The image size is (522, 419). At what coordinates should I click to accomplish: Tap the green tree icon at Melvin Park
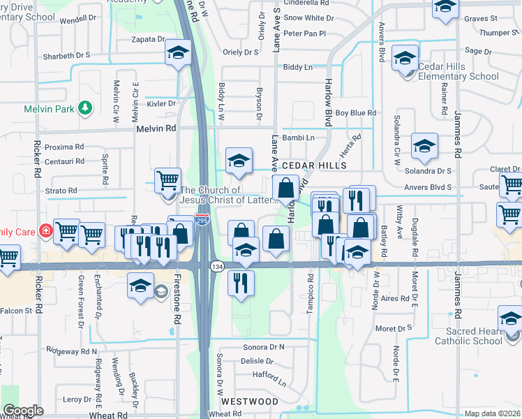pyautogui.click(x=85, y=108)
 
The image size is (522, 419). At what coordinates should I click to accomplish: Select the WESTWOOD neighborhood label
pyautogui.click(x=249, y=402)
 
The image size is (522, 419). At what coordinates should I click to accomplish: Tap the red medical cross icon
pyautogui.click(x=45, y=229)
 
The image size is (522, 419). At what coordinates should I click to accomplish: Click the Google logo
pyautogui.click(x=23, y=410)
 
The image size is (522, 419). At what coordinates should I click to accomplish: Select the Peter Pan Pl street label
pyautogui.click(x=305, y=33)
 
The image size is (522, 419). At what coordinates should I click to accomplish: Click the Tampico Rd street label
pyautogui.click(x=310, y=288)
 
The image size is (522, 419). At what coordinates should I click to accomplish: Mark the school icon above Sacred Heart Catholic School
pyautogui.click(x=510, y=319)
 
